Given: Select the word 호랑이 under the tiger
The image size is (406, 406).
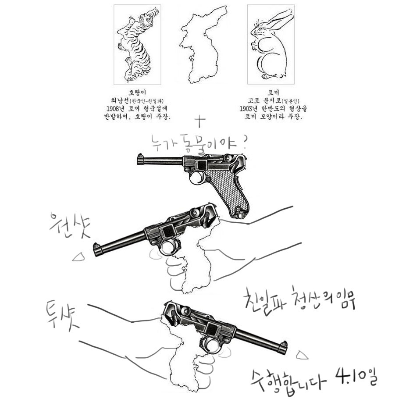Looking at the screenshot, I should pyautogui.click(x=137, y=93).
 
